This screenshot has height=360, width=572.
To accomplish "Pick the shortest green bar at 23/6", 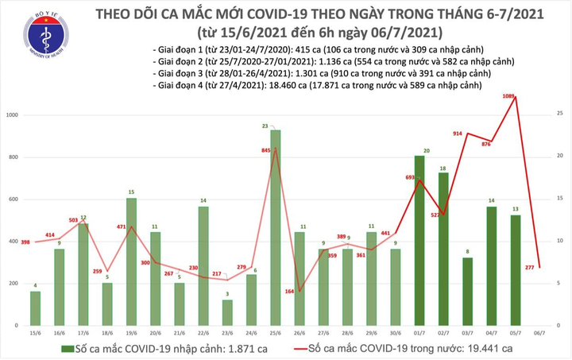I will pos(227,312).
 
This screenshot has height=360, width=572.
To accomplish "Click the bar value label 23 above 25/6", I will pos(274,126).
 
